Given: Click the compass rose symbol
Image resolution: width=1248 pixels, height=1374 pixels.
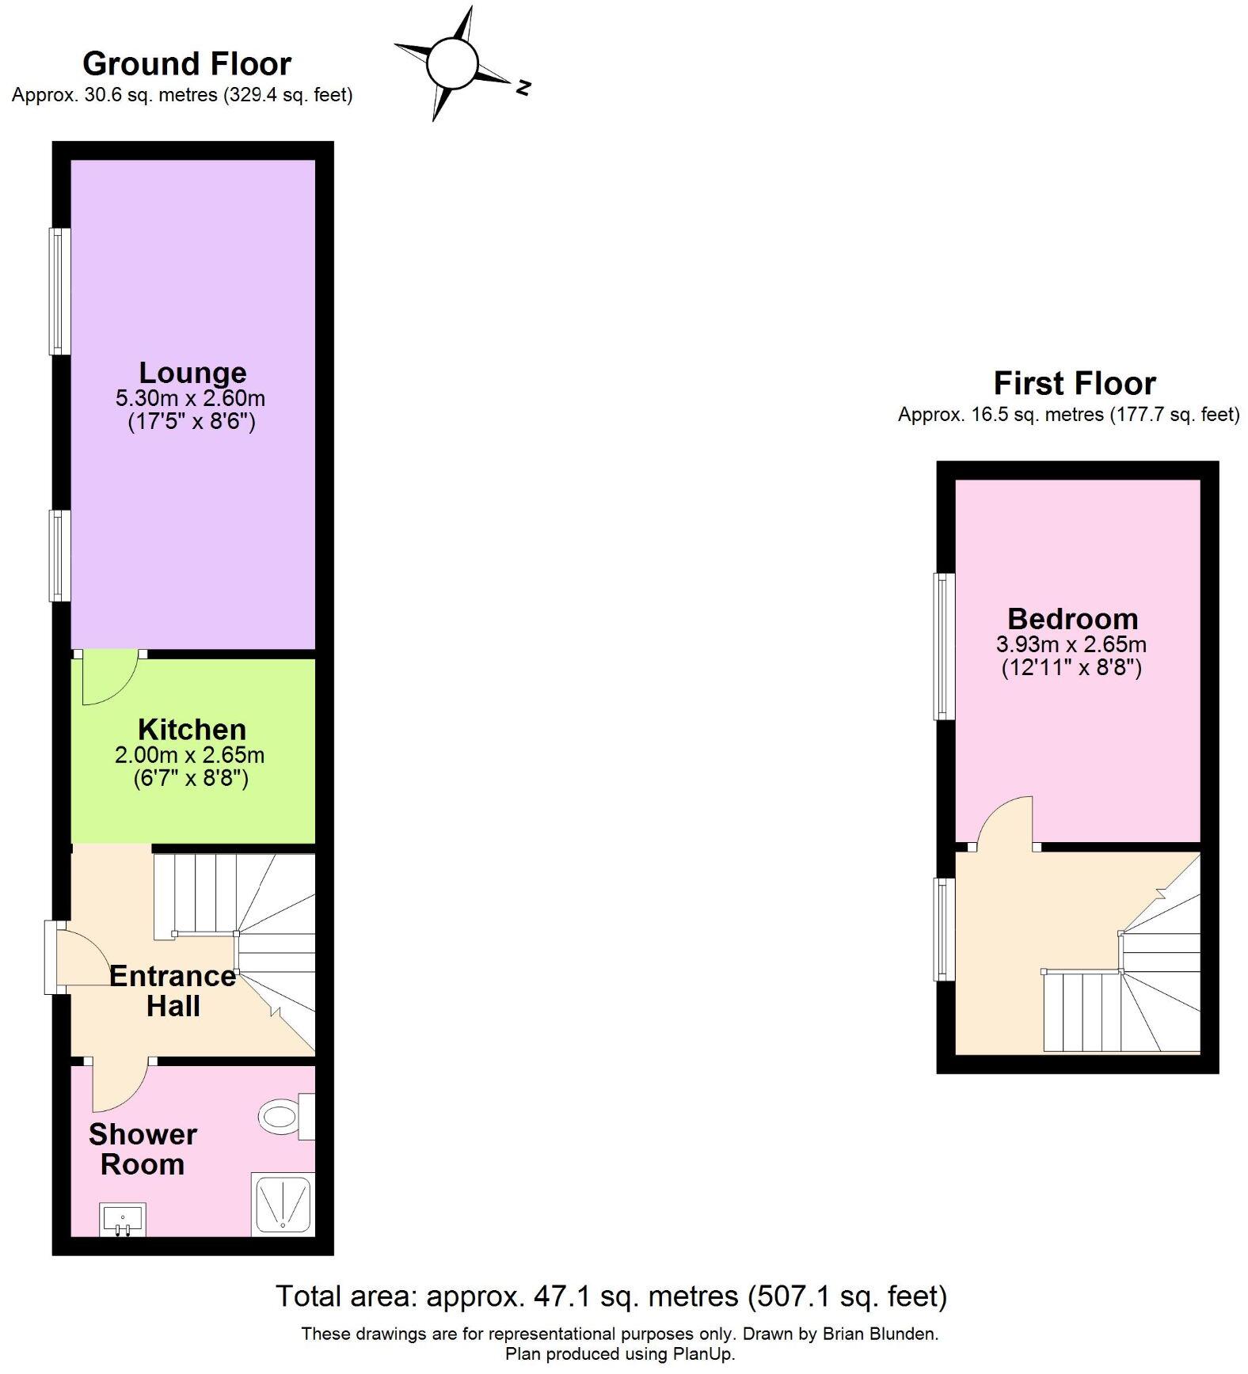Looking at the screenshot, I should pos(452,63).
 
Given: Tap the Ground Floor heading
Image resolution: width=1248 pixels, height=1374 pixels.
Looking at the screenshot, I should pos(187,63).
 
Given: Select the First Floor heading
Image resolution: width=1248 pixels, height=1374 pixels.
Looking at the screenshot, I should pos(1074,383).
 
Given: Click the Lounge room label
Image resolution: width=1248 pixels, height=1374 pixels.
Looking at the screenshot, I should pos(192,372).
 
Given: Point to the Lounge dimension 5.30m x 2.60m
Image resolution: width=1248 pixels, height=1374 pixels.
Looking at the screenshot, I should pos(190,397).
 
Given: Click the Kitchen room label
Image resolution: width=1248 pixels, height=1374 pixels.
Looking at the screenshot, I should pos(192,729).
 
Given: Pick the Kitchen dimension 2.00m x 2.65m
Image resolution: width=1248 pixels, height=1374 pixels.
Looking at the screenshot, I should pos(190,755).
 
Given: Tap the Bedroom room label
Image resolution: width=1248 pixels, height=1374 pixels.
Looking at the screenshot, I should pos(1072,618).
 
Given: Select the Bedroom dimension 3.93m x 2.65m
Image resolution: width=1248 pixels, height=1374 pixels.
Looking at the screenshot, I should pos(1071,644).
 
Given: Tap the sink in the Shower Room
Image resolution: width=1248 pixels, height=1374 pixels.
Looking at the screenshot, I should pos(124,1219).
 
